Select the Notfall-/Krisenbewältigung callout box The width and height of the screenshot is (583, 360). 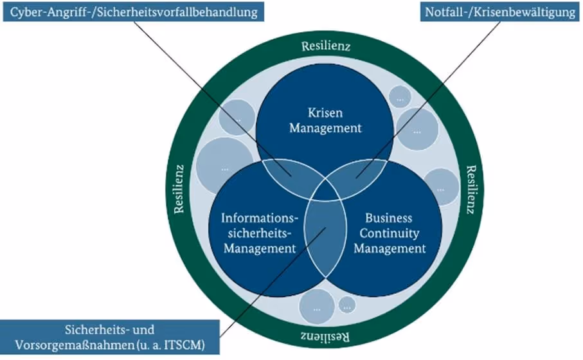pos(501,12)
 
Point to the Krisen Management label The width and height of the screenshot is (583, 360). pos(325,120)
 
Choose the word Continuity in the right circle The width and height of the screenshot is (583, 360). pos(390,232)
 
